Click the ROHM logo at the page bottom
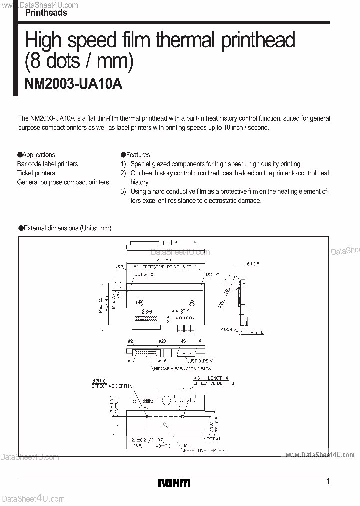click(x=174, y=483)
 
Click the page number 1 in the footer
click(x=328, y=482)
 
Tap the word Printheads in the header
click(x=46, y=13)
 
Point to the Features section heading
click(x=138, y=155)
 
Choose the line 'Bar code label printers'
click(x=48, y=164)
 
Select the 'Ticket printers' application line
click(x=36, y=173)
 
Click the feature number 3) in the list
click(x=123, y=191)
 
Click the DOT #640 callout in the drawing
click(x=144, y=274)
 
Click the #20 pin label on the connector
click(x=162, y=342)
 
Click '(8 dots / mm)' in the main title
click(x=79, y=62)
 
